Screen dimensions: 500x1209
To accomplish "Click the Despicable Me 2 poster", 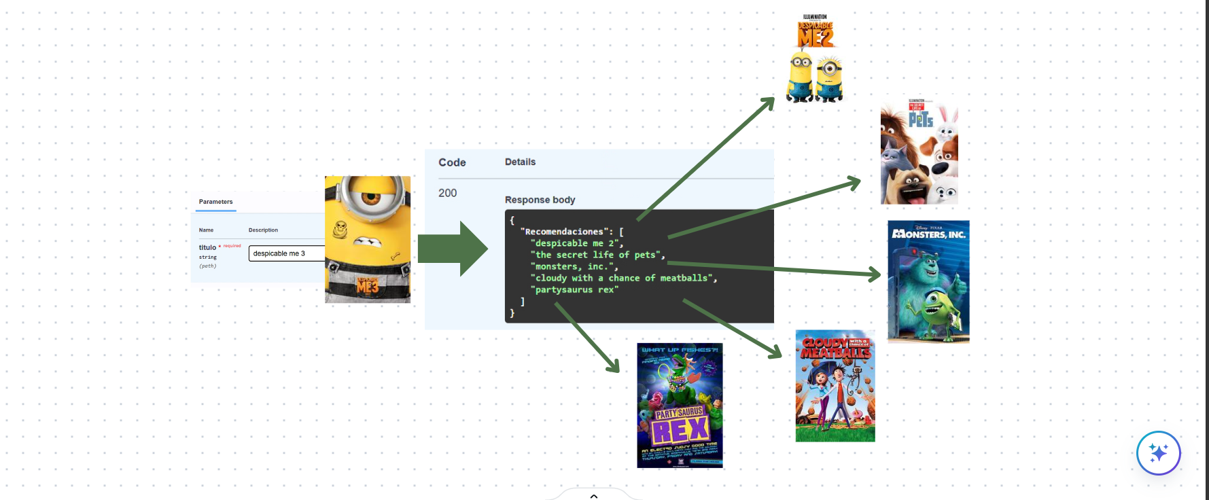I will pyautogui.click(x=815, y=60).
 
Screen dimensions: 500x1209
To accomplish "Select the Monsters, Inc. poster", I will pyautogui.click(x=928, y=281).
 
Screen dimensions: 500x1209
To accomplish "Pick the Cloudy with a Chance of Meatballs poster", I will pyautogui.click(x=835, y=386).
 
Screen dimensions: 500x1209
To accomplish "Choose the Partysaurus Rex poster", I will pyautogui.click(x=680, y=406).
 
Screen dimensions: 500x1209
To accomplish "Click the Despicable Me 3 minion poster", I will pyautogui.click(x=368, y=240).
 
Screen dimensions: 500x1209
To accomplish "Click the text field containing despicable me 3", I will pyautogui.click(x=286, y=253).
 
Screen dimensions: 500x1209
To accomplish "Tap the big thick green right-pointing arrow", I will pyautogui.click(x=452, y=249).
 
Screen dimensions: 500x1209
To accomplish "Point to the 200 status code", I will pyautogui.click(x=448, y=193).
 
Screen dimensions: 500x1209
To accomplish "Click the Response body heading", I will pyautogui.click(x=540, y=200).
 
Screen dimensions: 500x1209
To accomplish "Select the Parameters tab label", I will pyautogui.click(x=215, y=202).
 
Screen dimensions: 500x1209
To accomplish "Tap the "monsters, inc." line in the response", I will pyautogui.click(x=574, y=266).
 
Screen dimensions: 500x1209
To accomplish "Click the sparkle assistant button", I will pyautogui.click(x=1158, y=452).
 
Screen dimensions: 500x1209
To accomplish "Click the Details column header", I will pyautogui.click(x=520, y=162).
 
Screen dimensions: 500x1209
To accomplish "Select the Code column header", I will pyautogui.click(x=452, y=162).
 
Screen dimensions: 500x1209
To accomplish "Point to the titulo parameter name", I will pyautogui.click(x=207, y=247).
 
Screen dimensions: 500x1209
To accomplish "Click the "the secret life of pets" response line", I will pyautogui.click(x=597, y=255).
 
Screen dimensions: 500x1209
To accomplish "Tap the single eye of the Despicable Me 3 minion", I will pyautogui.click(x=370, y=198).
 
